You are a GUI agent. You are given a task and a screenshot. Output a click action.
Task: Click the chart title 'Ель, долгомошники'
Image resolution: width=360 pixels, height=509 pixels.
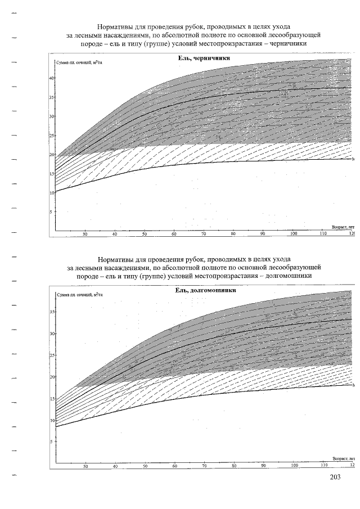[204, 291]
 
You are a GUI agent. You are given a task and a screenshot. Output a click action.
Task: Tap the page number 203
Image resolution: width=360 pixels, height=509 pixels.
[335, 478]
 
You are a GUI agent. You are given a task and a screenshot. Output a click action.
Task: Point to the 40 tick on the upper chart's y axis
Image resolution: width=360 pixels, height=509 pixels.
[51, 78]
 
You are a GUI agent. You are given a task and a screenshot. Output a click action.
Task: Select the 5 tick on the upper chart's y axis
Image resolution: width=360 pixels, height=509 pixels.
[52, 212]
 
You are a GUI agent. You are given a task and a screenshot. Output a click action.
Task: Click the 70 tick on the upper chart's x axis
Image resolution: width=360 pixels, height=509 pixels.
[204, 234]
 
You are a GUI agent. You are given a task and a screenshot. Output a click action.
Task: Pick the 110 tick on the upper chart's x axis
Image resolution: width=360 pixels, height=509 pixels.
[322, 234]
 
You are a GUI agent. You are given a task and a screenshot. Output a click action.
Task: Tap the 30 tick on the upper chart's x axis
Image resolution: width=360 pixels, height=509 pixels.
[85, 234]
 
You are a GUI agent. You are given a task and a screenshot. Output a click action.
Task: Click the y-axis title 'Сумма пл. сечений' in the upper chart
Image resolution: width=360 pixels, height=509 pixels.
[78, 64]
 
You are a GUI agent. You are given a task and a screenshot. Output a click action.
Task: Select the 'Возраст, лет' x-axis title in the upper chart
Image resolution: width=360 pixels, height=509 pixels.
[343, 227]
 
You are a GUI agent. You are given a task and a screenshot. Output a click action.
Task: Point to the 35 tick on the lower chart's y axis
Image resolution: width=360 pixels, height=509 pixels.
[52, 312]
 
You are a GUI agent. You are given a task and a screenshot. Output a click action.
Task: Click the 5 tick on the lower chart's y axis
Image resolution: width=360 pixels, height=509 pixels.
[52, 442]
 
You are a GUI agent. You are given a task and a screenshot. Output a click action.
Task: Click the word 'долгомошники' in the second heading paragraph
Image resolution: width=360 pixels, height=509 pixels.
[282, 276]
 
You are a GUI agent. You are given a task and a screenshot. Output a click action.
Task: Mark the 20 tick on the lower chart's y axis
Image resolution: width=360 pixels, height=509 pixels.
[52, 377]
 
